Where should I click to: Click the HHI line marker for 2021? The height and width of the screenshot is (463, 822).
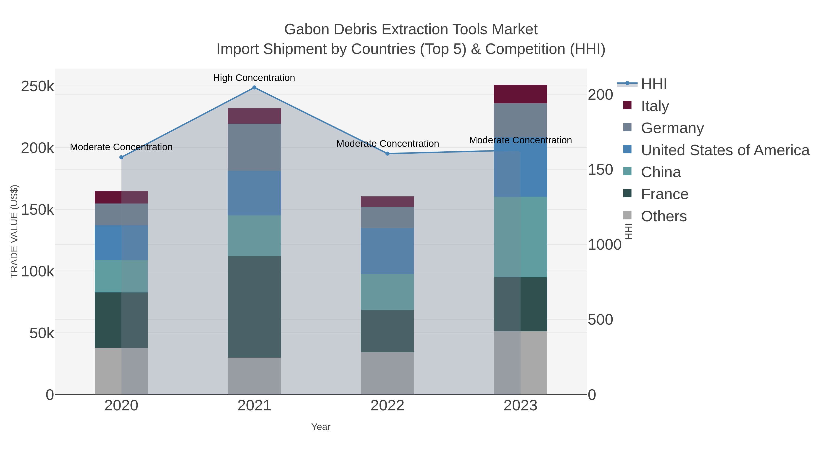(x=254, y=88)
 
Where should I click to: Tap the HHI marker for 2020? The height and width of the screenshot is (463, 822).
(x=121, y=157)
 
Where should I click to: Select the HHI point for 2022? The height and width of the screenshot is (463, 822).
(x=387, y=154)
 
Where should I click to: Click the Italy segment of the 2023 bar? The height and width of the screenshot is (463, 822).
(x=520, y=94)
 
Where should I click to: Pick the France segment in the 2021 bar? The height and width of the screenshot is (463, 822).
(x=254, y=307)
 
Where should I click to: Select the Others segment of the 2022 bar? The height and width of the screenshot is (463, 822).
(x=387, y=373)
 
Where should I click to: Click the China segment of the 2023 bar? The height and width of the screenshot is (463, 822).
(x=520, y=237)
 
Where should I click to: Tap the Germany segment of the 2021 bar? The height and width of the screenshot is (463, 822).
(x=254, y=147)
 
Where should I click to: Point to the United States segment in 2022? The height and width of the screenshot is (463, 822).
(x=387, y=251)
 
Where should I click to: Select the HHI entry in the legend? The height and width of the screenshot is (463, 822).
(x=653, y=84)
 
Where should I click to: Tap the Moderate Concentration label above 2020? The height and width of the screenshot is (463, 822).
(x=121, y=147)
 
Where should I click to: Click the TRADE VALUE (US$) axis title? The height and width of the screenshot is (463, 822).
(x=14, y=231)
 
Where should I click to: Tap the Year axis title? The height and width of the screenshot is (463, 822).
(x=321, y=427)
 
